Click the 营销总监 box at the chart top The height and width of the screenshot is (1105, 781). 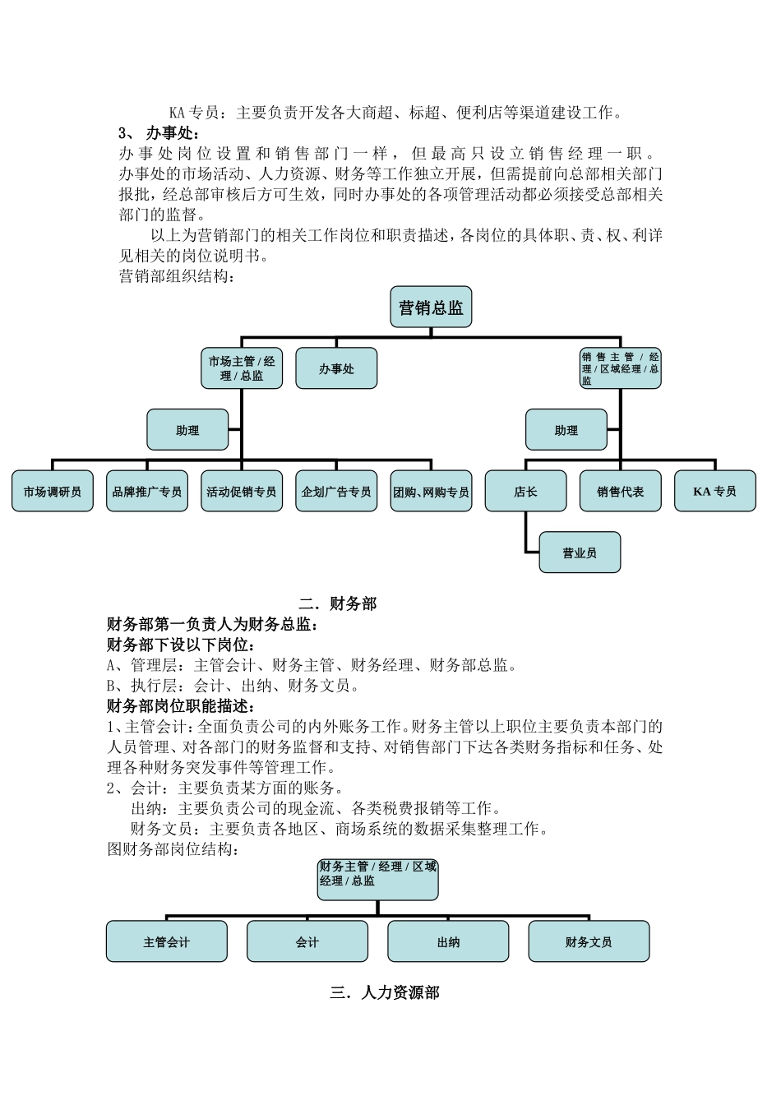431,307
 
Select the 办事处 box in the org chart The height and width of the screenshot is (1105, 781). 336,368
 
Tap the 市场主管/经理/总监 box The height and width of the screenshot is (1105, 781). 242,368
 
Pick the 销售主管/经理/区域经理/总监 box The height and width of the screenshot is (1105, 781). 620,368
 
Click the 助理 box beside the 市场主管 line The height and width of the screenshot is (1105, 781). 187,430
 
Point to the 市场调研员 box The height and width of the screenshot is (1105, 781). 53,491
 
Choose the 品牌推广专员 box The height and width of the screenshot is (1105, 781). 147,491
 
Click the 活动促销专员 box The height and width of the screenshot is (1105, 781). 242,491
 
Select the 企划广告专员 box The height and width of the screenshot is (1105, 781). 336,491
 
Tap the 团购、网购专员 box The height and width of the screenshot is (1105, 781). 431,491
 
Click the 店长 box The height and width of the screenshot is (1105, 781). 525,491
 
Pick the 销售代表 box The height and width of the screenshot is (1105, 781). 620,491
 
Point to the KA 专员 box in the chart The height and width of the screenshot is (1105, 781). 715,491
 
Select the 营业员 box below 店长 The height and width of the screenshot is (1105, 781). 580,552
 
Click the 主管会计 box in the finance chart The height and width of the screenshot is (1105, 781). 167,941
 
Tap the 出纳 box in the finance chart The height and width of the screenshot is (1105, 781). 448,941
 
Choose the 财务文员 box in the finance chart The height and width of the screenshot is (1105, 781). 589,941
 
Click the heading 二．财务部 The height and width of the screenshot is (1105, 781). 338,603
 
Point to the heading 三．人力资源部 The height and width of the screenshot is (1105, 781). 385,992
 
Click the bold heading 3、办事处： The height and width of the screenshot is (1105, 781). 159,133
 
